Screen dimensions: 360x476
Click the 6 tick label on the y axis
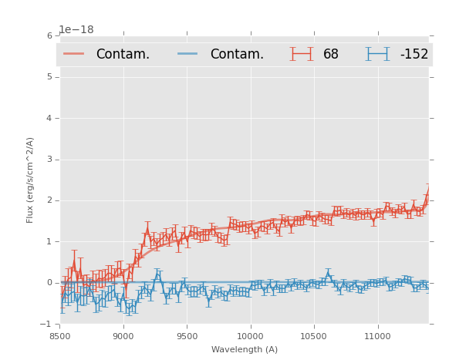pyautogui.click(x=49, y=35)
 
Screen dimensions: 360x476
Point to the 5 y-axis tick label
pyautogui.click(x=49, y=77)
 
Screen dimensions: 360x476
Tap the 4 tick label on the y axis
pyautogui.click(x=49, y=118)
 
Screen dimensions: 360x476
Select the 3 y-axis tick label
pyautogui.click(x=49, y=160)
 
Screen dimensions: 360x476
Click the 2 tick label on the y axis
pyautogui.click(x=49, y=200)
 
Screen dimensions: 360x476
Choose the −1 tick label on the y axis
pyautogui.click(x=47, y=324)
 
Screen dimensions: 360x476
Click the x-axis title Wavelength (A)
pyautogui.click(x=245, y=350)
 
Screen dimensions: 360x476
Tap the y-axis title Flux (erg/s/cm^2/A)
pyautogui.click(x=31, y=180)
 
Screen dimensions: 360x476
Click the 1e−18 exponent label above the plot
pyautogui.click(x=76, y=29)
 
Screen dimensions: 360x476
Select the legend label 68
pyautogui.click(x=331, y=55)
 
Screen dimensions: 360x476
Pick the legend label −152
pyautogui.click(x=414, y=55)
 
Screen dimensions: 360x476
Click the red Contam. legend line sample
pyautogui.click(x=74, y=54)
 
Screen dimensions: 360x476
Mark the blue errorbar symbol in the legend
pyautogui.click(x=377, y=54)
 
